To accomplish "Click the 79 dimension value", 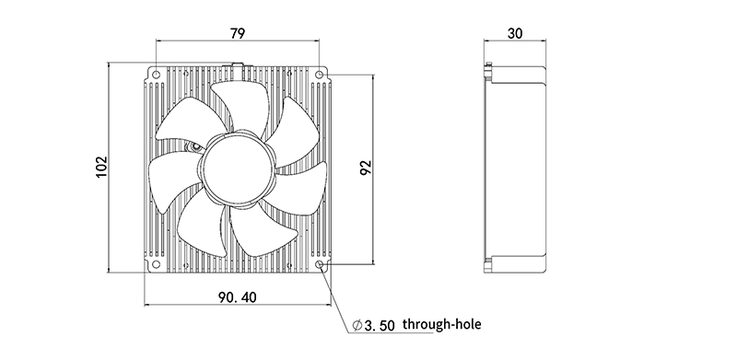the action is [238, 33].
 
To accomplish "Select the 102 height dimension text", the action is [101, 167].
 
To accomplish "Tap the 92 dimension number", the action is [365, 168].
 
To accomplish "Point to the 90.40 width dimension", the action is [238, 297].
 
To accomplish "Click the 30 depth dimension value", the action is [515, 33].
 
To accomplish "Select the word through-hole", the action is [442, 324].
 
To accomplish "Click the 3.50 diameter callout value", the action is [380, 326].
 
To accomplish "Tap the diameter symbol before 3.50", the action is [357, 325].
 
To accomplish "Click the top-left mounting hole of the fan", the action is [156, 75].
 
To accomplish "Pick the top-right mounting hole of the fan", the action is [319, 75].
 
